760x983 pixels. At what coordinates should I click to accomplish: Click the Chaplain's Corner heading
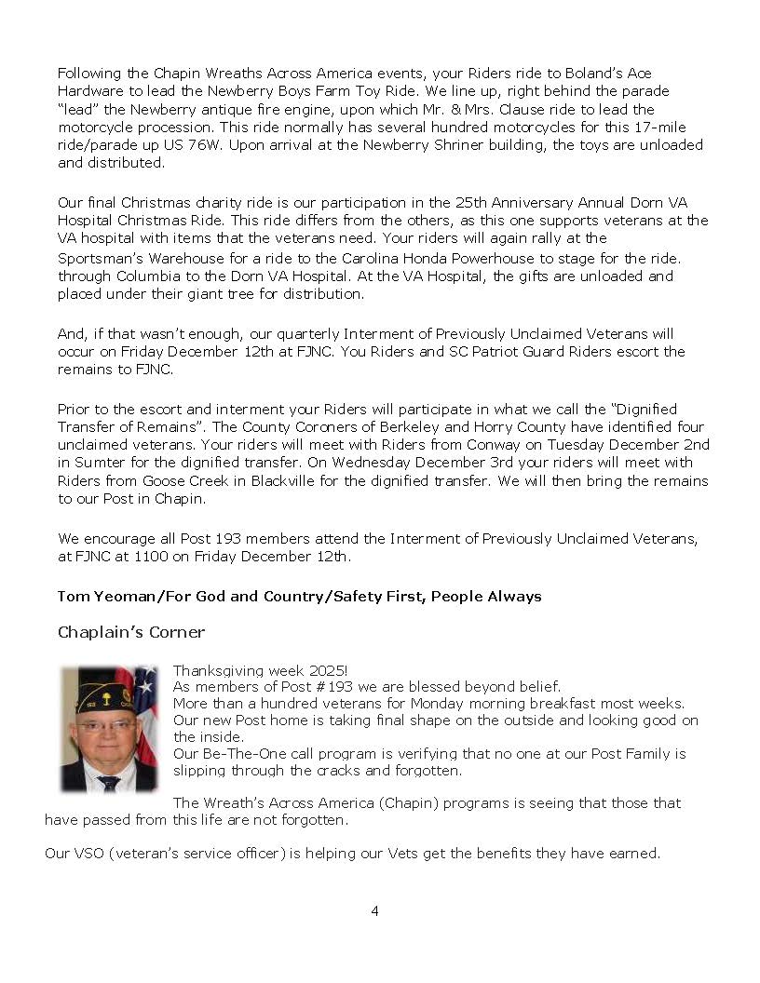point(131,633)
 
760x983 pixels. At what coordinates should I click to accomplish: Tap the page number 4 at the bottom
point(374,911)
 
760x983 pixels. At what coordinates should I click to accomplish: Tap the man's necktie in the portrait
point(109,783)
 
